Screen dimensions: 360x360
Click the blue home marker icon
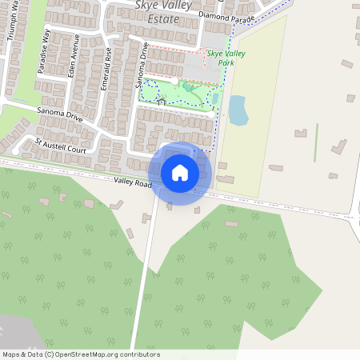coord(179,173)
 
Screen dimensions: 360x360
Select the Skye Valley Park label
coord(226,58)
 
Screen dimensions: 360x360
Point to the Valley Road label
coord(133,184)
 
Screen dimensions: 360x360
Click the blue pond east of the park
coord(238,110)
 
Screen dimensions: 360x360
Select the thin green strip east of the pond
coord(316,140)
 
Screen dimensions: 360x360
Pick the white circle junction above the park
coord(174,82)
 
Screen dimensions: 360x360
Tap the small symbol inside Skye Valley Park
coord(162,100)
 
